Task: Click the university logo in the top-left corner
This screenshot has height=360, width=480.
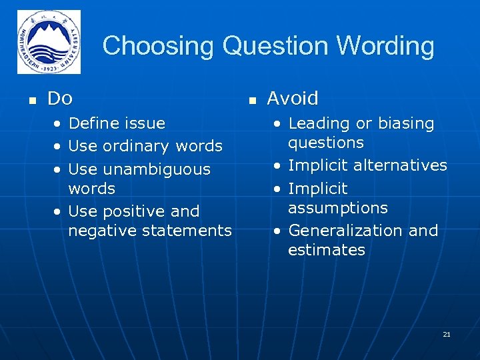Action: click(49, 42)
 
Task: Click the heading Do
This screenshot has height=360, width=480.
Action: click(60, 99)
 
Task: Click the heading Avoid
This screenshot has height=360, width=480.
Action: click(293, 99)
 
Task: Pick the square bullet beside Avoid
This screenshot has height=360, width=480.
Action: click(252, 101)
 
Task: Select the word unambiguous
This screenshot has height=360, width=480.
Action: click(158, 169)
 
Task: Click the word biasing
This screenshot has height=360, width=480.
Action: click(406, 123)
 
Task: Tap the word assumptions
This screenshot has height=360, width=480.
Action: click(337, 208)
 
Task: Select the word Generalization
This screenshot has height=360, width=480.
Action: click(346, 231)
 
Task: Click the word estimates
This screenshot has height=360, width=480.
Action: click(327, 250)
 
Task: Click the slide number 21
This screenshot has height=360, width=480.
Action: click(447, 334)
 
